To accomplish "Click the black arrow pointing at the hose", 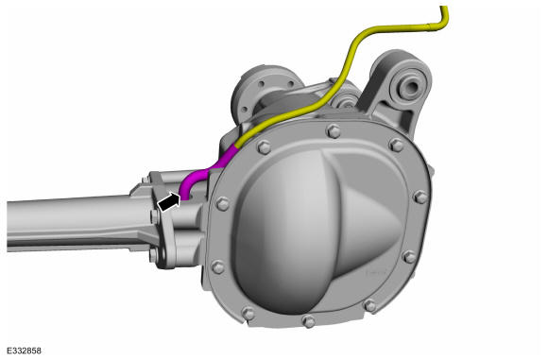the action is [169, 202].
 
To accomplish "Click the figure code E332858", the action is [25, 351].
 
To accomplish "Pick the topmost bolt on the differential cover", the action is [334, 131].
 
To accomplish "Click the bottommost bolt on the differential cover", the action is [308, 321].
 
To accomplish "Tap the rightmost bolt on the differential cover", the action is [421, 197].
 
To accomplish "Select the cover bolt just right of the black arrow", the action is [223, 203].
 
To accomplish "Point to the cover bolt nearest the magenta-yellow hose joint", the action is [264, 146].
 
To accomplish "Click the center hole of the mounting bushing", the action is [410, 86].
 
